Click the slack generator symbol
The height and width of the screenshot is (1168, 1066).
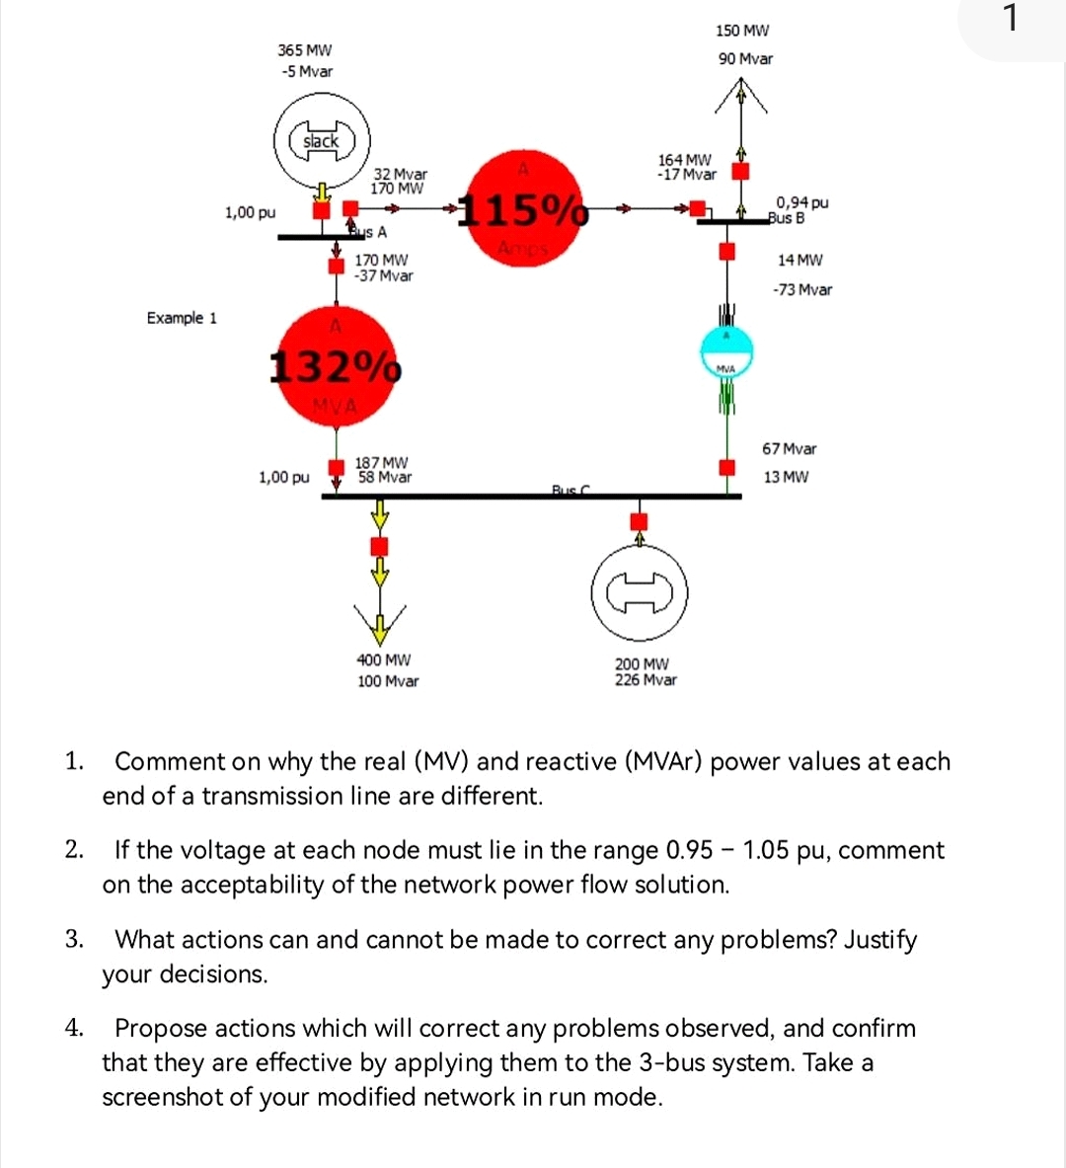[321, 141]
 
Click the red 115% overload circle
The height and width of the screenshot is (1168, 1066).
[525, 208]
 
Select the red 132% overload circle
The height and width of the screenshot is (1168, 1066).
[337, 366]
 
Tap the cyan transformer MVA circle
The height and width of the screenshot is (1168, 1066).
[726, 351]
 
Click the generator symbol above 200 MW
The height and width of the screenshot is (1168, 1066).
[640, 592]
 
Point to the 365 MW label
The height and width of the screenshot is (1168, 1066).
[305, 50]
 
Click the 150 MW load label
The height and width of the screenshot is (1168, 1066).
[742, 32]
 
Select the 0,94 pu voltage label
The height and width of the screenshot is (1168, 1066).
[801, 202]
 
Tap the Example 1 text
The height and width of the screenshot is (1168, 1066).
[182, 318]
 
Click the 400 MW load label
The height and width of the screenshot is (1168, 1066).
[384, 660]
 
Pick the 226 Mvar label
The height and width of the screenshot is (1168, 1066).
[646, 680]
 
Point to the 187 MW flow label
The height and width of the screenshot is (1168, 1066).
[382, 462]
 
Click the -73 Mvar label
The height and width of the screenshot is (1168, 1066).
[802, 290]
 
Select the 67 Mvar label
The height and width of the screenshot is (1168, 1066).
[790, 449]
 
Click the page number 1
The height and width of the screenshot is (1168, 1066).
[1009, 19]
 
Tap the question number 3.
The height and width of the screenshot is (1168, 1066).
[74, 939]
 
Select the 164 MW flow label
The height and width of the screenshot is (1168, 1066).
[684, 160]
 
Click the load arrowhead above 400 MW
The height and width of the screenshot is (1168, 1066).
[379, 622]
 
